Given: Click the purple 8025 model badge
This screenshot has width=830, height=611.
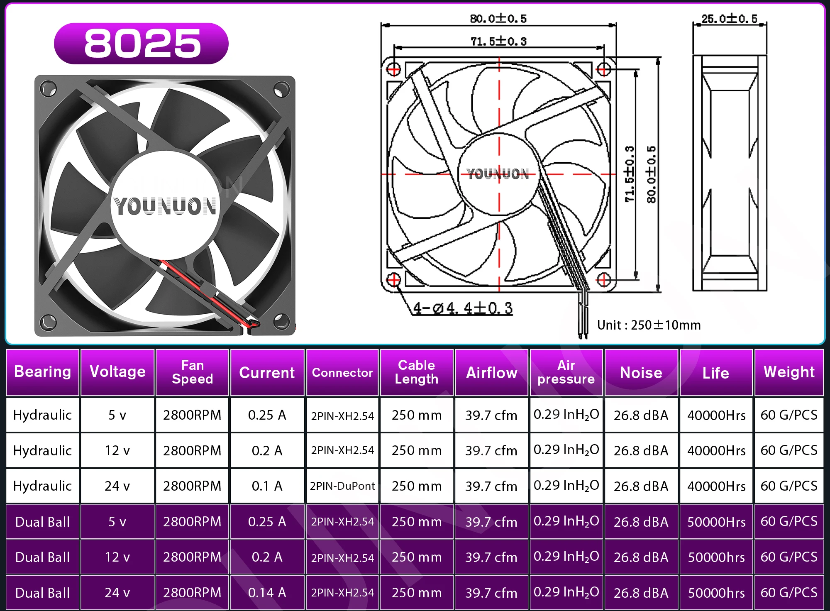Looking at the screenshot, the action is tap(141, 44).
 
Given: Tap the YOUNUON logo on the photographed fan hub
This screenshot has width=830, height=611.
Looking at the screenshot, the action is tap(166, 206).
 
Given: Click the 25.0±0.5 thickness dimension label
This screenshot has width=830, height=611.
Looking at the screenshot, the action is tap(729, 19).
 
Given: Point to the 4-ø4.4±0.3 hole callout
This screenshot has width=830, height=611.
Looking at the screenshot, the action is tap(463, 308).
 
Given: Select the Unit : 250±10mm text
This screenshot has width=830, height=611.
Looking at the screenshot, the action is tap(649, 325).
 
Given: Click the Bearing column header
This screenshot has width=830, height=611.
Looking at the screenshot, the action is tap(42, 372).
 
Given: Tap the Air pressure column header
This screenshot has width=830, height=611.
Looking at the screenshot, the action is tap(566, 372).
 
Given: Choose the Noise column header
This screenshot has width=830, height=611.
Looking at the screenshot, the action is tap(641, 372).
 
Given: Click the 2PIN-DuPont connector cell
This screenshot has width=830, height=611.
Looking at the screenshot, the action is tap(342, 486).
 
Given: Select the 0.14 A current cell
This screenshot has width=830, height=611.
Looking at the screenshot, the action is tap(267, 592).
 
